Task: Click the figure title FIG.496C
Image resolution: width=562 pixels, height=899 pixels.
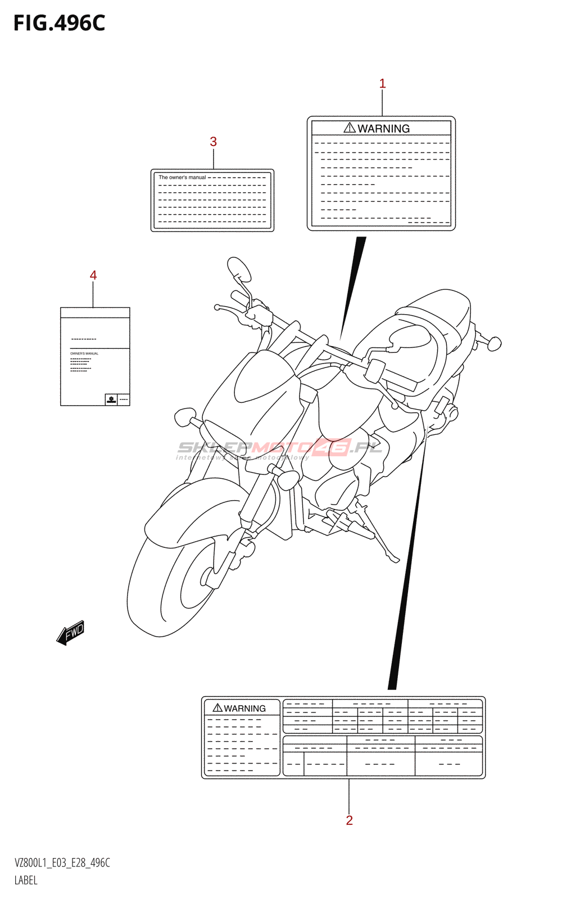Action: [59, 23]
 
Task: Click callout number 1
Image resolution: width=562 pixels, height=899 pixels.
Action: [382, 84]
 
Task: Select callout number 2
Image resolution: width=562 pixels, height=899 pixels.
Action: [349, 820]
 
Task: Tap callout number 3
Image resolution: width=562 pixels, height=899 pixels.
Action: [213, 142]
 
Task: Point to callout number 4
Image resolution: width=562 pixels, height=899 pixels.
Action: [93, 275]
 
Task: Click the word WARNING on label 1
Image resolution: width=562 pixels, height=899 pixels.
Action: [384, 129]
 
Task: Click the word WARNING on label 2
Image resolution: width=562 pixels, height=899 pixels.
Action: [244, 709]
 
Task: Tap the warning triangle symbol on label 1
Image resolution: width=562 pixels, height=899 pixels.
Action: [350, 128]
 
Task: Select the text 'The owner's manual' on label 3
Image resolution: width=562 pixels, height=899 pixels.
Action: [182, 178]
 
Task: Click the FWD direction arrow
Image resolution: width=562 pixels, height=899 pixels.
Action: [71, 633]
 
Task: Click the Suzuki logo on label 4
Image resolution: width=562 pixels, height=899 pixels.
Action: [111, 399]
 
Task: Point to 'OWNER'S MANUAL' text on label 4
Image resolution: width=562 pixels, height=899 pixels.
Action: [84, 353]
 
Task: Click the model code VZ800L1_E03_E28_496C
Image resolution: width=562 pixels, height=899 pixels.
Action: [62, 862]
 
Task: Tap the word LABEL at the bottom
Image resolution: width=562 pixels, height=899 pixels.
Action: [26, 880]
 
